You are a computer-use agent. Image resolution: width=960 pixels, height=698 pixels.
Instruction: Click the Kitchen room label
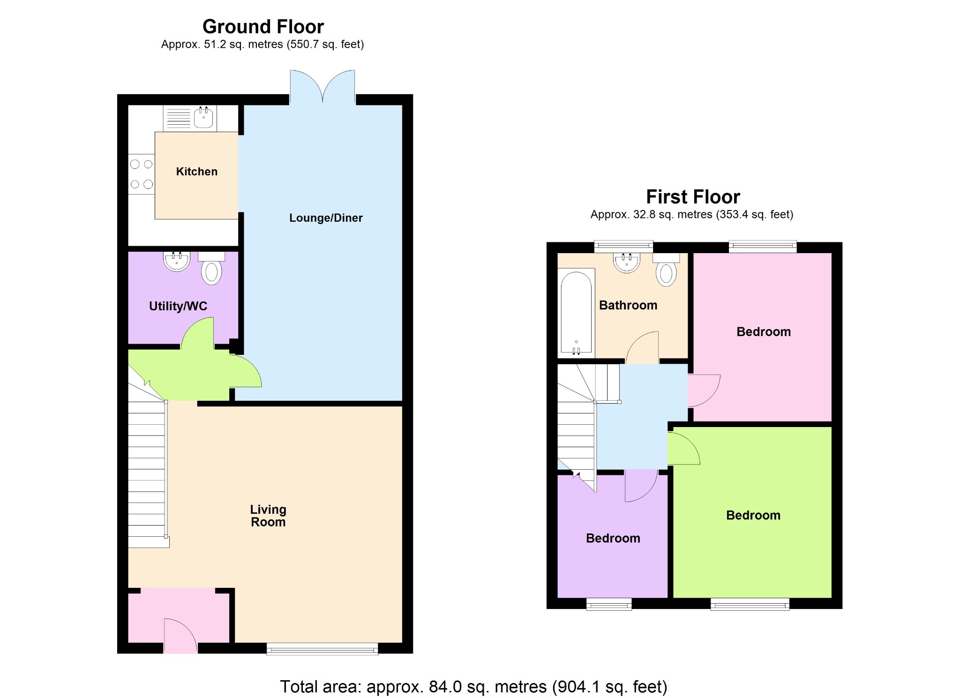(x=196, y=172)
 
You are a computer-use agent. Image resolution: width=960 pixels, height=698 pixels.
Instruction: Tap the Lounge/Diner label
(x=326, y=218)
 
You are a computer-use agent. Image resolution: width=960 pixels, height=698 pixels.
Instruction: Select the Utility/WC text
(x=178, y=306)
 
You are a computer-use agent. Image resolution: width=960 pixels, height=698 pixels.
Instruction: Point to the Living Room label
(x=268, y=516)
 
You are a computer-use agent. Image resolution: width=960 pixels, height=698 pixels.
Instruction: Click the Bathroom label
(x=628, y=305)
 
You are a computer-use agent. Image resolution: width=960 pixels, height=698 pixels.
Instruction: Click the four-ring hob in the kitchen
(x=142, y=174)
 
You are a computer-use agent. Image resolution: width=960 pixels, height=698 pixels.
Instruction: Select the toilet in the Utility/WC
(x=211, y=270)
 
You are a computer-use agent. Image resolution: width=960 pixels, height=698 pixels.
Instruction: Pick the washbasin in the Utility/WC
(x=177, y=261)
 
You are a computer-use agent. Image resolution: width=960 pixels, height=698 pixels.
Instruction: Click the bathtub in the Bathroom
(x=576, y=312)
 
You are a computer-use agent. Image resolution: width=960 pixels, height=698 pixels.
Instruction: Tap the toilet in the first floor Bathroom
(x=666, y=271)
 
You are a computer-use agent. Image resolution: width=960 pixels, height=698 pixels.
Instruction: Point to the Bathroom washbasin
(x=627, y=263)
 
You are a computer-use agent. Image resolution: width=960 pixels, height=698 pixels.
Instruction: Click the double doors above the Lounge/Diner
(x=322, y=87)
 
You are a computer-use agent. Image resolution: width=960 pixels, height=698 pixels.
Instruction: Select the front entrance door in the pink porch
(x=180, y=636)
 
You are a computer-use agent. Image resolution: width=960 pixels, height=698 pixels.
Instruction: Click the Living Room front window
(x=322, y=649)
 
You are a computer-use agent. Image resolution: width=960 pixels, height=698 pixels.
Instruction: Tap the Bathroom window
(x=623, y=245)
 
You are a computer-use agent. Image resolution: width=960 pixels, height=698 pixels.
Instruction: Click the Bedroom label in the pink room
(x=764, y=332)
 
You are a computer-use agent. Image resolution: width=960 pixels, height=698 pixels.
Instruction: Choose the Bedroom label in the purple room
(x=613, y=538)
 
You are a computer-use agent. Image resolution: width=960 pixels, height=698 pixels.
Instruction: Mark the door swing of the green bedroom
(x=683, y=449)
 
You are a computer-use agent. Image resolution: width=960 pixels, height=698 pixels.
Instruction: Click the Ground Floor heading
(x=263, y=27)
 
